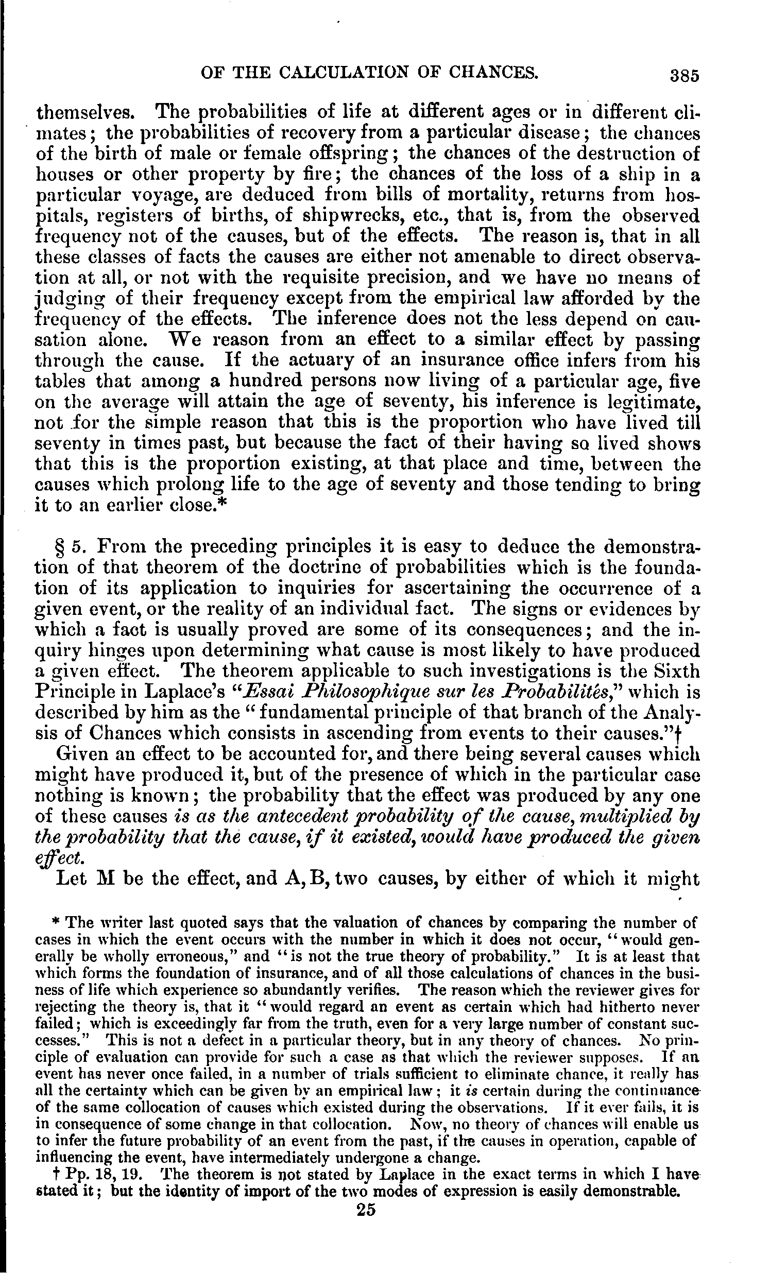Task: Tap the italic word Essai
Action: click(278, 692)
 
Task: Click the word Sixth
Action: click(676, 671)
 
